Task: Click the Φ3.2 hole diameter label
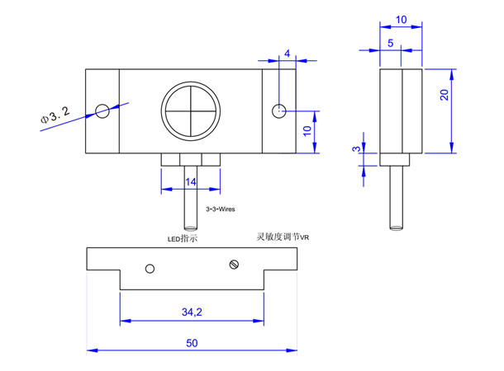pos(55,115)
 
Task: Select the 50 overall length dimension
pos(192,343)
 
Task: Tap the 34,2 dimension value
pos(192,312)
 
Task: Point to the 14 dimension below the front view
pos(191,182)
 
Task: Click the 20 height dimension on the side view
pos(445,95)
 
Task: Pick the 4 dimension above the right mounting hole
pos(287,54)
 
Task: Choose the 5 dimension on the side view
pos(391,43)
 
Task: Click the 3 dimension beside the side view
pos(356,148)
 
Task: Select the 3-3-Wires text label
pos(220,209)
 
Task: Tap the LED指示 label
pos(183,238)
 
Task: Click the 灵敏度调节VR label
pos(283,237)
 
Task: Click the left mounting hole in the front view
pos(102,111)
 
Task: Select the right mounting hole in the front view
pos(279,111)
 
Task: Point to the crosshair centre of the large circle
pos(191,111)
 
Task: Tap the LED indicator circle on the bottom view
pos(150,269)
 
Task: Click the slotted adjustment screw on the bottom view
pos(234,265)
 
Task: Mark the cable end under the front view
pos(191,228)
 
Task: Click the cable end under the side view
pos(397,228)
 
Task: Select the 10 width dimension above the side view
pos(402,20)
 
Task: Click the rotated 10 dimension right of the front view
pos(307,131)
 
